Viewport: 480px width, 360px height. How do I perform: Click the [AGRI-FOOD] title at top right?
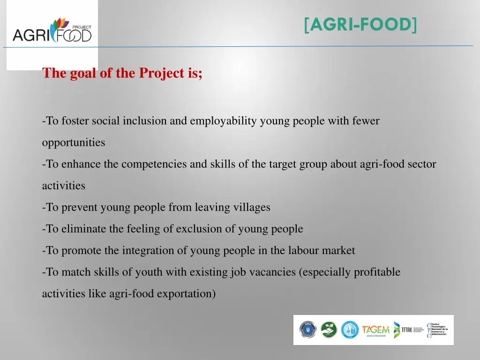coord(360,24)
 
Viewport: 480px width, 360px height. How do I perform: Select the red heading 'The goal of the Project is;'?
coord(122,73)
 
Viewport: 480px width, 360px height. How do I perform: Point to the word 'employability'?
coord(223,121)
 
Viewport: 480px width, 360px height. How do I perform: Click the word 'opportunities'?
coord(74,142)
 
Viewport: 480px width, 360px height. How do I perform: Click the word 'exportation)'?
coord(186,294)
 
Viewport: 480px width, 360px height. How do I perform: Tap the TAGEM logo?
coord(375,330)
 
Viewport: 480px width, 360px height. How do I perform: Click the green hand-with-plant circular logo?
coord(329,330)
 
